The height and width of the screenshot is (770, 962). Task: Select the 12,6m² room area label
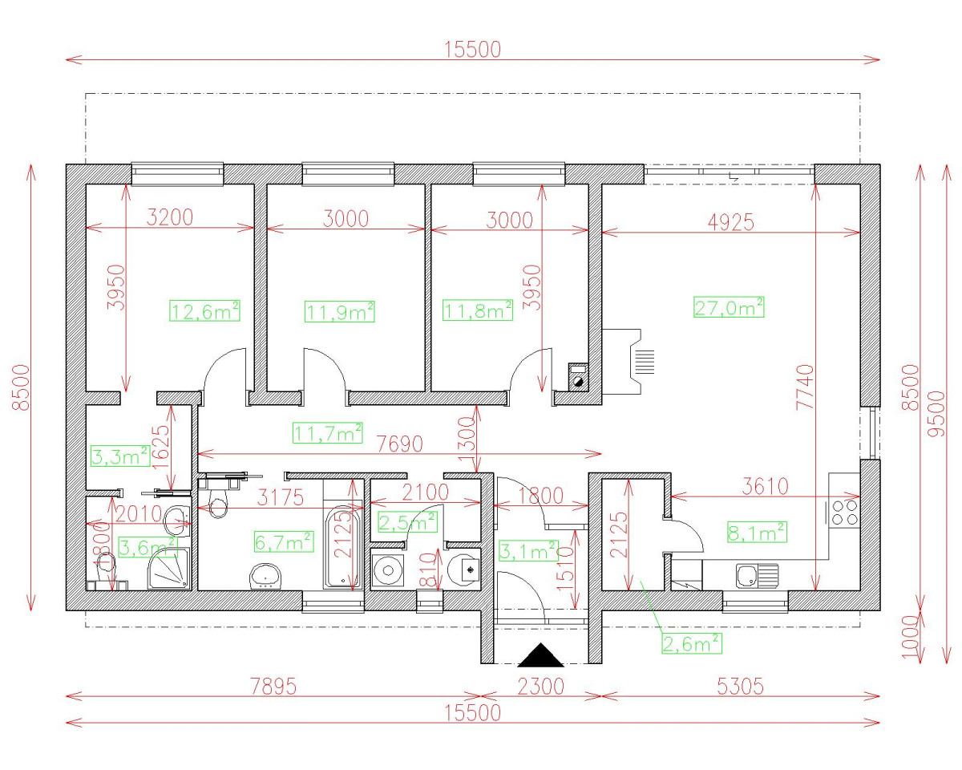pos(205,311)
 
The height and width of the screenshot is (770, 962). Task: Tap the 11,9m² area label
pos(341,311)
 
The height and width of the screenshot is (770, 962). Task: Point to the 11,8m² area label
pos(478,310)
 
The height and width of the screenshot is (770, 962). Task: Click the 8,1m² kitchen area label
pos(756,532)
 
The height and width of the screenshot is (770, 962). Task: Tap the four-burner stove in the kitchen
pos(843,512)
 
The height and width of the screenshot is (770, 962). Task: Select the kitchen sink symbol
pos(756,575)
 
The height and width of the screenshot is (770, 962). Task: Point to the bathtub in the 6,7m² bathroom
pos(342,545)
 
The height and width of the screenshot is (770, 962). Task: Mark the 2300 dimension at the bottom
pos(541,687)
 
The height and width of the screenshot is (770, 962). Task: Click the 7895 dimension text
pos(273,687)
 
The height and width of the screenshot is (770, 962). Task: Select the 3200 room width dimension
pos(170,218)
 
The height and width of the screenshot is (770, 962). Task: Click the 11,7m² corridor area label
pos(328,434)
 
